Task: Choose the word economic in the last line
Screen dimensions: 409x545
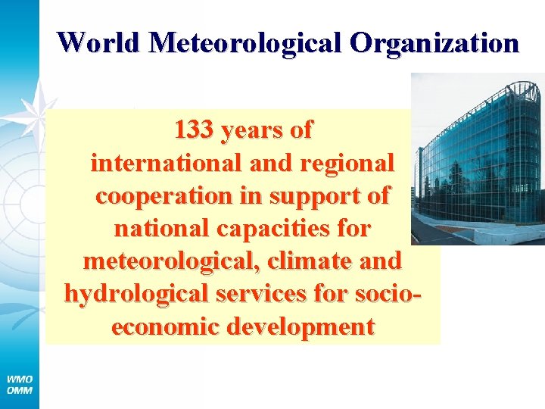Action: coord(167,326)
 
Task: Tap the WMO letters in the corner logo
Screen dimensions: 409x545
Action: coord(20,379)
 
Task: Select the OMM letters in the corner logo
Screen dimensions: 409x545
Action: coord(20,390)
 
